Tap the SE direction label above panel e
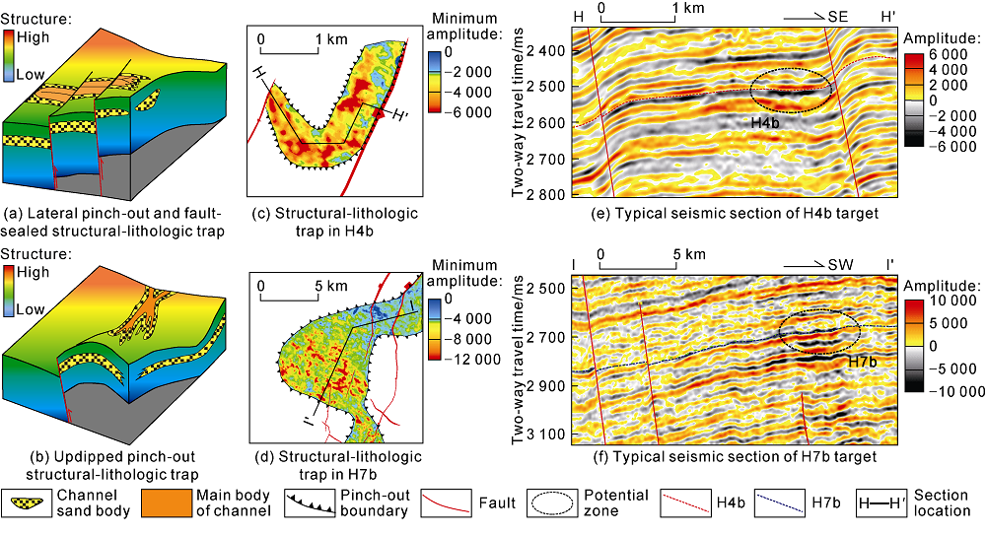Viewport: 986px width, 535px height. pos(838,18)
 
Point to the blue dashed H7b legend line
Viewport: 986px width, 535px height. pos(780,502)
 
